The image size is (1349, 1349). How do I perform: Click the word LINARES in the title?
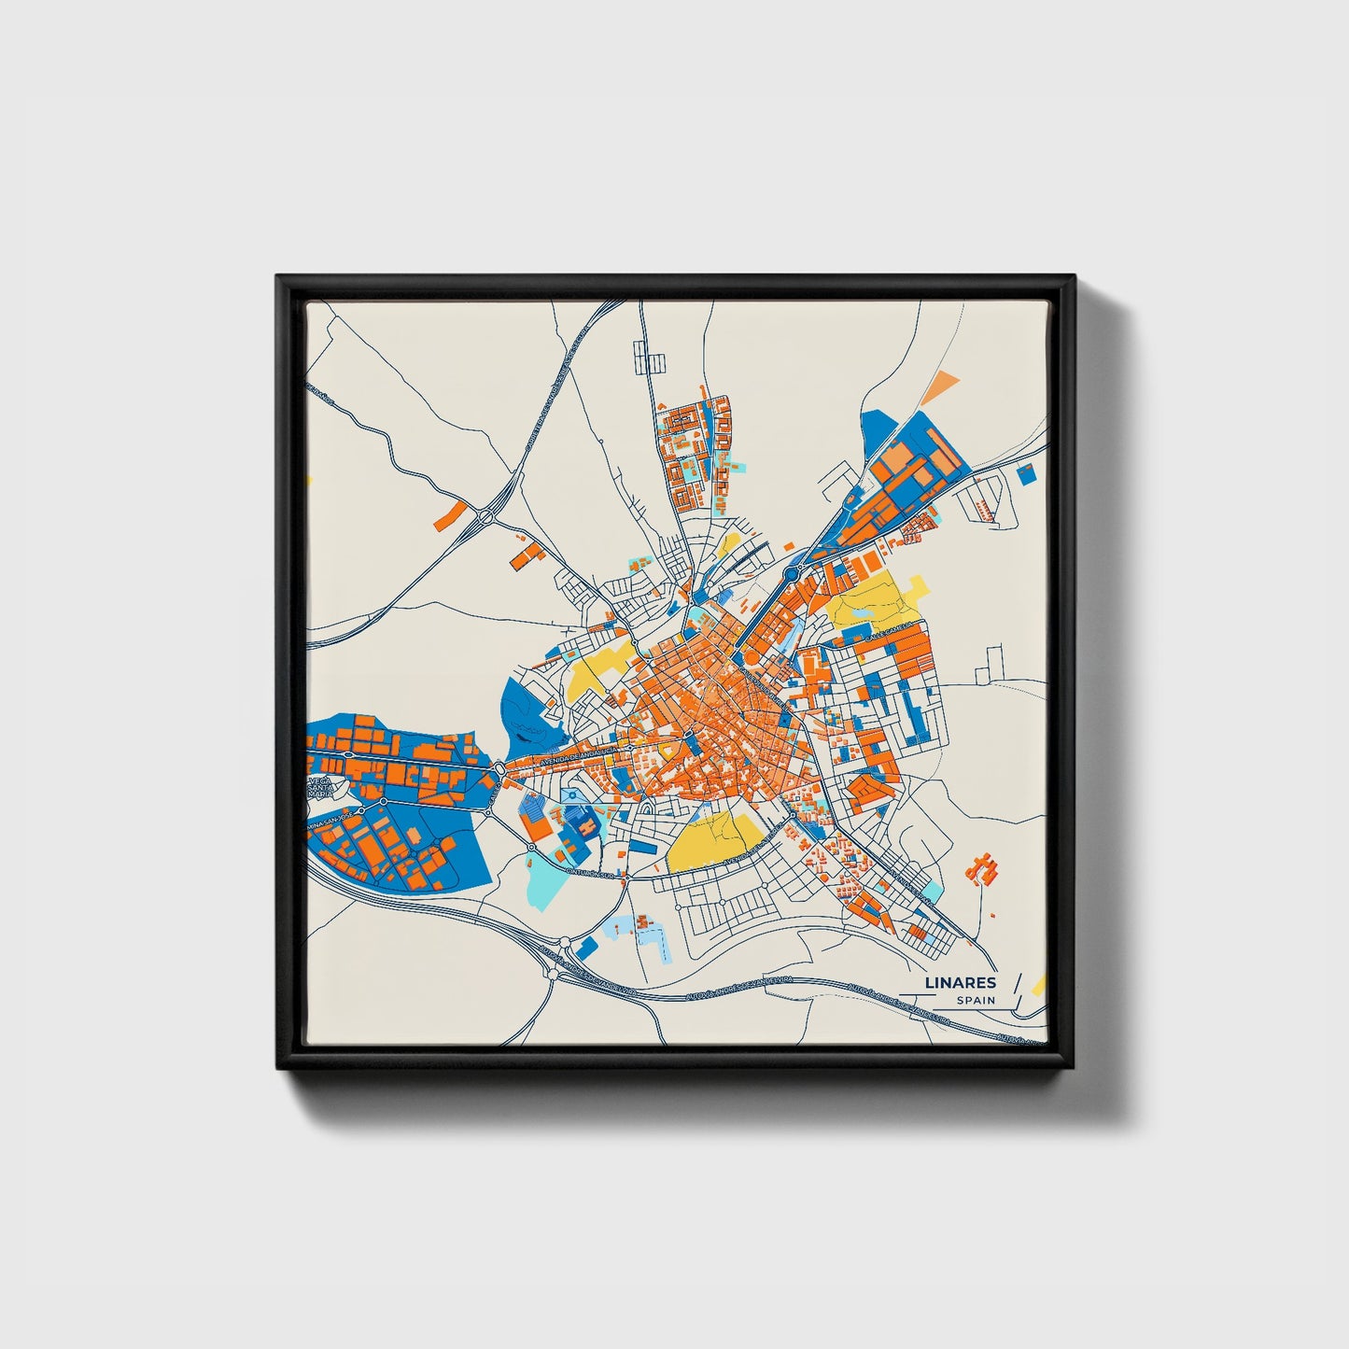click(x=960, y=982)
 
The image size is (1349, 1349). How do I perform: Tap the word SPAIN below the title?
click(x=975, y=1000)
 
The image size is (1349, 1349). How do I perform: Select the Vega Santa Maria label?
click(x=322, y=786)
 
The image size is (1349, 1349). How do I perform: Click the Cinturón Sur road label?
click(x=592, y=874)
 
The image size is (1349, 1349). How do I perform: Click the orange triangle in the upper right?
click(x=945, y=381)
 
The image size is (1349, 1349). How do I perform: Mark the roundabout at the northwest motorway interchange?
click(x=486, y=515)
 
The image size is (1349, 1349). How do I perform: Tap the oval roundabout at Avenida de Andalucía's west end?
click(x=500, y=767)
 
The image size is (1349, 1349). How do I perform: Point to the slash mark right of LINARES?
click(x=1017, y=982)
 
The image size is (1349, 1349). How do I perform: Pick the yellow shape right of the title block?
click(x=1041, y=983)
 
